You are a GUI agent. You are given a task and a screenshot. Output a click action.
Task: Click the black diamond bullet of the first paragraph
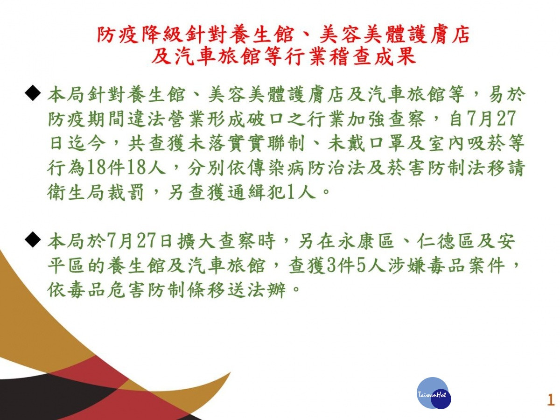[x=33, y=94]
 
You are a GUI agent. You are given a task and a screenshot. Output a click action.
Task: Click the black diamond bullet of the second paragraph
[x=33, y=239]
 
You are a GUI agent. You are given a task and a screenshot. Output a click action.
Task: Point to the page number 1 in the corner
[x=551, y=400]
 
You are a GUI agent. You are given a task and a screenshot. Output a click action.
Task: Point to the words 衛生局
[x=76, y=192]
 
